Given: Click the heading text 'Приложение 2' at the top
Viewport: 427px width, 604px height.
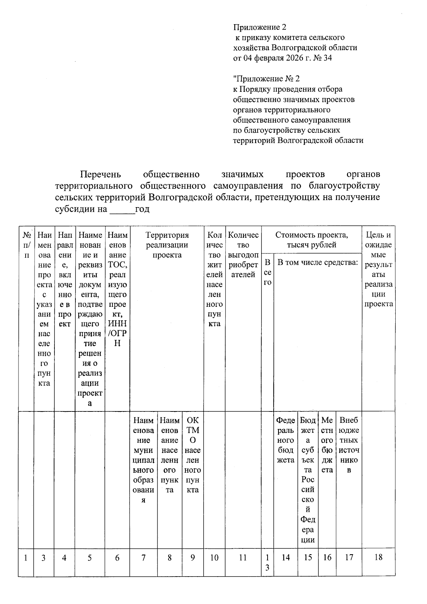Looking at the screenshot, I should pyautogui.click(x=259, y=27).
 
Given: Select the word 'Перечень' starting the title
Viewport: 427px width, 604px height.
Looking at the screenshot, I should pyautogui.click(x=100, y=174).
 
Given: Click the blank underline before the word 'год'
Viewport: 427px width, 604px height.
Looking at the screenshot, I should pyautogui.click(x=122, y=209).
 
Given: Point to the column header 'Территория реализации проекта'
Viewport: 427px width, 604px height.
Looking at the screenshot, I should pyautogui.click(x=167, y=245).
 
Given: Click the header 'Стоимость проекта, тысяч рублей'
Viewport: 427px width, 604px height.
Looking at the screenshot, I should pyautogui.click(x=311, y=240).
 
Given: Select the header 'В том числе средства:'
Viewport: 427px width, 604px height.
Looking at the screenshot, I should pyautogui.click(x=317, y=263).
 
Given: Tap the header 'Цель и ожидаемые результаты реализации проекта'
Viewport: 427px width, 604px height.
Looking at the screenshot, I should pyautogui.click(x=378, y=269).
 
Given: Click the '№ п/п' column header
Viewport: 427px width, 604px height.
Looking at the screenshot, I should pyautogui.click(x=26, y=245).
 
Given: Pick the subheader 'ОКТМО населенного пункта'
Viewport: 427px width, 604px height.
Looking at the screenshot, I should pyautogui.click(x=193, y=455).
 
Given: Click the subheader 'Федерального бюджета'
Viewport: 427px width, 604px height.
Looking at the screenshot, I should pyautogui.click(x=285, y=440).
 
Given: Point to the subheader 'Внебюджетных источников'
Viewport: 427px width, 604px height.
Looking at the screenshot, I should pyautogui.click(x=349, y=445).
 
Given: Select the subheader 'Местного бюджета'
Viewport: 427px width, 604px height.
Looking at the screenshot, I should pyautogui.click(x=327, y=445).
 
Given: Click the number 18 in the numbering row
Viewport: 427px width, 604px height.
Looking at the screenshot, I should pyautogui.click(x=378, y=557).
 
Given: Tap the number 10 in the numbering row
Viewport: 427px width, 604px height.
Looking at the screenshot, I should pyautogui.click(x=214, y=558).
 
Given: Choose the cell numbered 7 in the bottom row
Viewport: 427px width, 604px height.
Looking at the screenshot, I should pyautogui.click(x=143, y=558).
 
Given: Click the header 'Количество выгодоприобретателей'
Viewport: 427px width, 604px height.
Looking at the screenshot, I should pyautogui.click(x=243, y=255).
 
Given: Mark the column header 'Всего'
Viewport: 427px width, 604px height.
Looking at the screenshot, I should pyautogui.click(x=267, y=272).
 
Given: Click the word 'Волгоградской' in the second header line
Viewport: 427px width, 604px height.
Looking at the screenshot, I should pyautogui.click(x=295, y=47).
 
